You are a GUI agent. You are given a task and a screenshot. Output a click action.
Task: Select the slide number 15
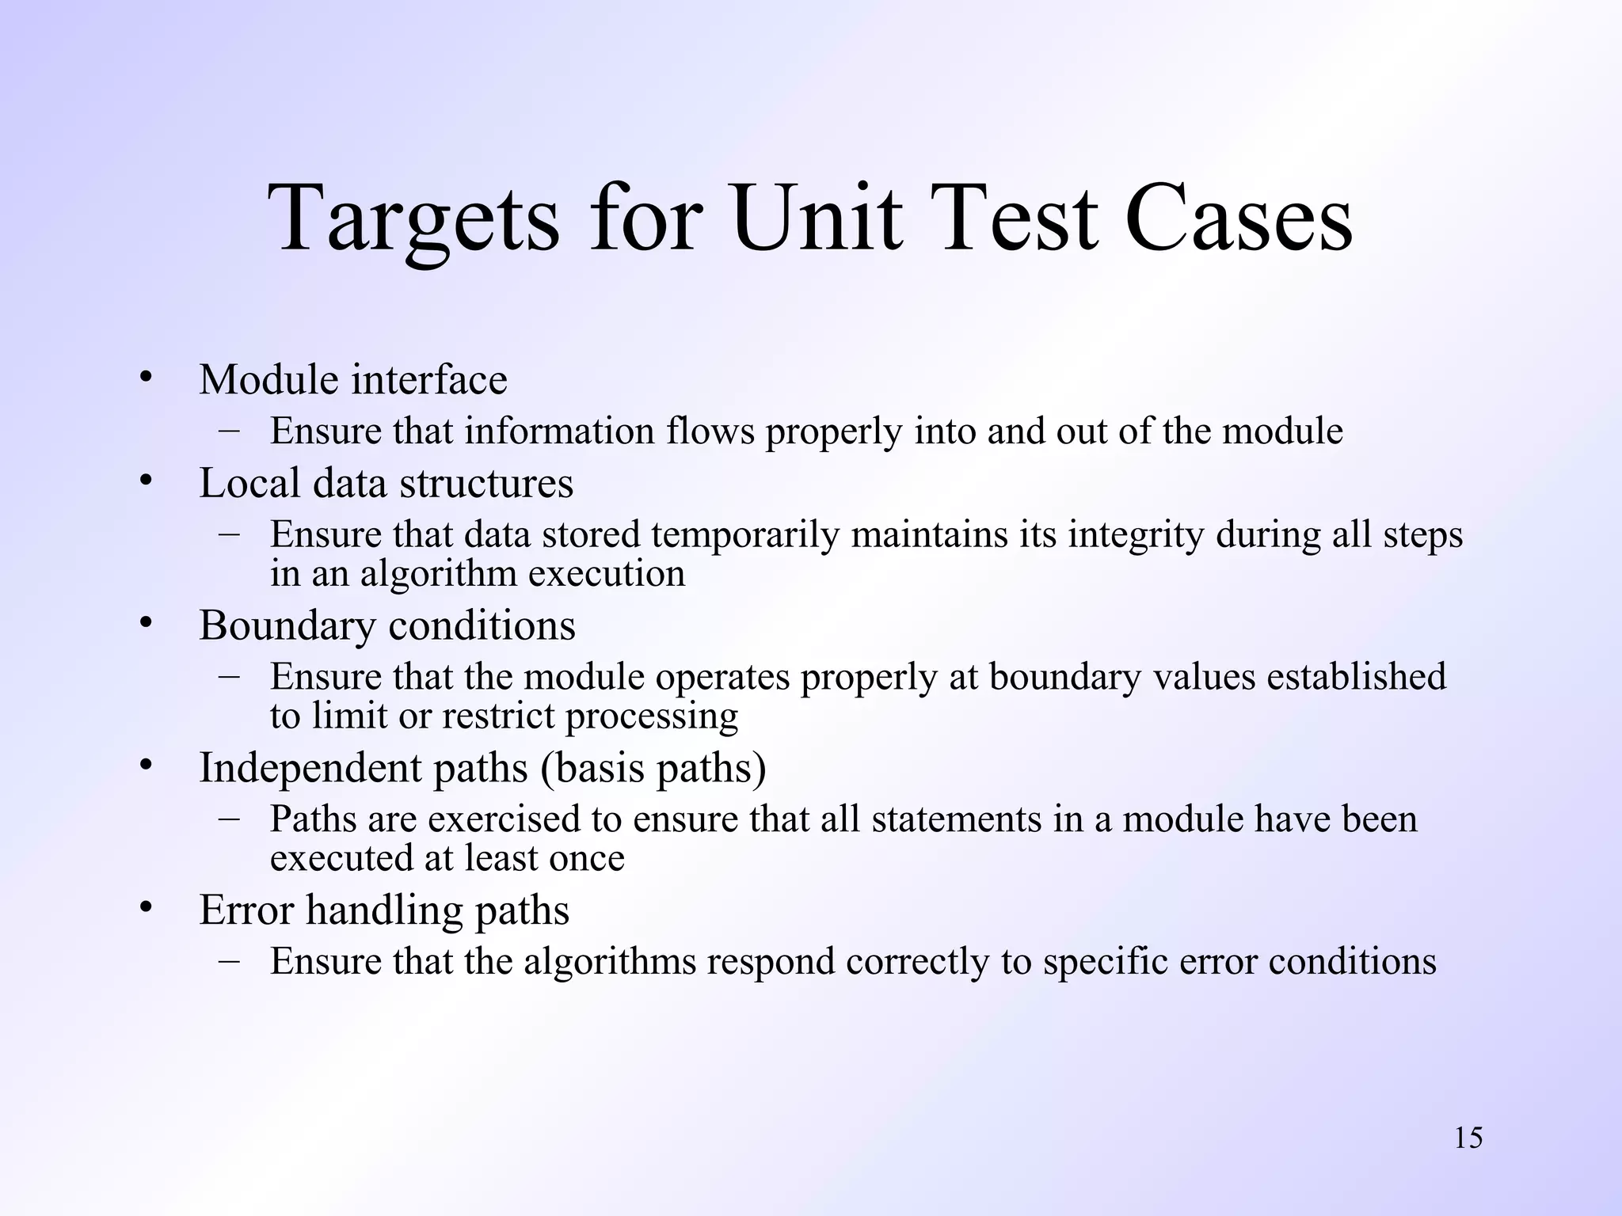[x=1468, y=1138]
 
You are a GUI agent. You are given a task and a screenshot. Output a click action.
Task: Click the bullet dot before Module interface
[x=145, y=378]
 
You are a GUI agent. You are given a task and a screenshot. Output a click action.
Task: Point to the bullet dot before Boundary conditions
[x=145, y=623]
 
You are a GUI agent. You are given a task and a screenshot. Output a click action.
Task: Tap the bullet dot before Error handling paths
[x=145, y=907]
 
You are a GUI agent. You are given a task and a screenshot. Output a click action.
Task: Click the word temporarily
[x=745, y=534]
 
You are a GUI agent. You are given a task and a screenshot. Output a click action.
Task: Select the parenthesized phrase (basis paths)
[x=653, y=768]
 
